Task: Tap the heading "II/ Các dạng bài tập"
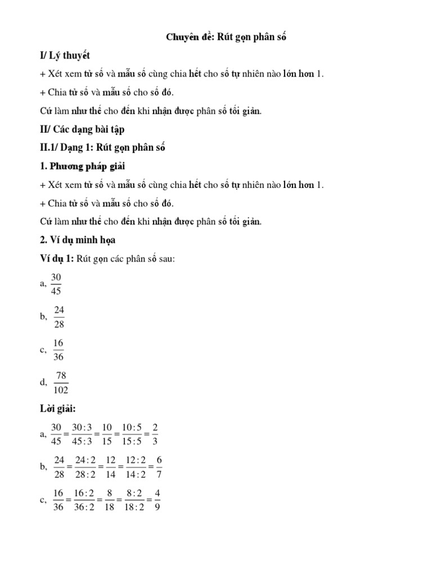(x=81, y=129)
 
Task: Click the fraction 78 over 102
(x=61, y=382)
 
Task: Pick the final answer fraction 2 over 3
(x=155, y=434)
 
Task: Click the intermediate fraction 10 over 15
(x=107, y=434)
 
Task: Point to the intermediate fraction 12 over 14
(x=111, y=466)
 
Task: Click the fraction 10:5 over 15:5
(x=131, y=434)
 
